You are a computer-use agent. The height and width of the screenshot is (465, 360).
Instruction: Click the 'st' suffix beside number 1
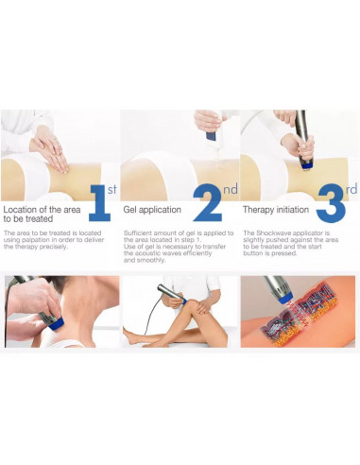pyautogui.click(x=111, y=189)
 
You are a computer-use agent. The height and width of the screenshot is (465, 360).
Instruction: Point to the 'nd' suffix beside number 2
pyautogui.click(x=230, y=189)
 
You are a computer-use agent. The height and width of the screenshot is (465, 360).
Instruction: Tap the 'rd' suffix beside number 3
pyautogui.click(x=351, y=189)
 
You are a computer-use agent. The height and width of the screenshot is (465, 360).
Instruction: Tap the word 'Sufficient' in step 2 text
pyautogui.click(x=140, y=232)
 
